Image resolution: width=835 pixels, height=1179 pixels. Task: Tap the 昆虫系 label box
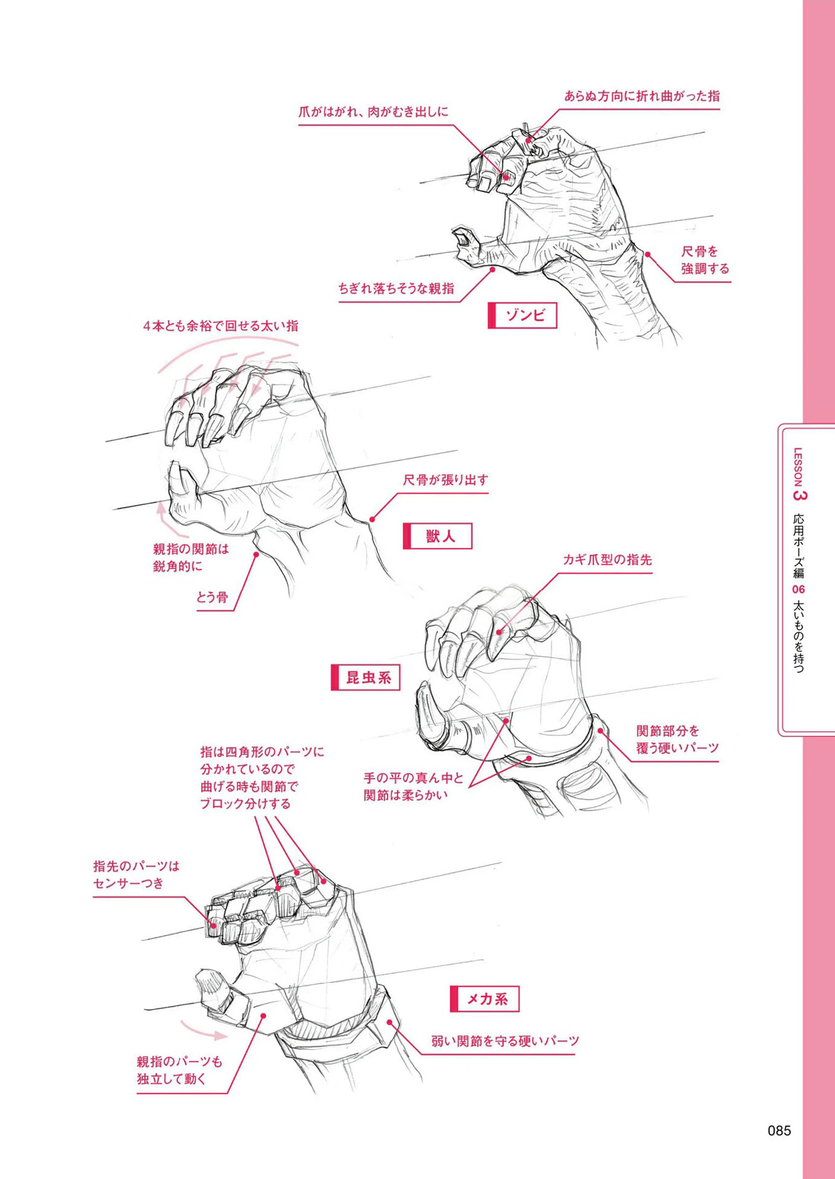tap(365, 677)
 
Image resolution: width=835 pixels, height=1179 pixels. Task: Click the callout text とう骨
tap(212, 597)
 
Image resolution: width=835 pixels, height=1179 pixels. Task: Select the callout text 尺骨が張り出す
tap(445, 481)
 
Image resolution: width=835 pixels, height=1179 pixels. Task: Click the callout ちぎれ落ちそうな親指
tap(397, 288)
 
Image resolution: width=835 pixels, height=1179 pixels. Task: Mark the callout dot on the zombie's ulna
tap(648, 253)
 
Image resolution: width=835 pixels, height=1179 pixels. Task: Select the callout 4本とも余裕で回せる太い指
tap(221, 326)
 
